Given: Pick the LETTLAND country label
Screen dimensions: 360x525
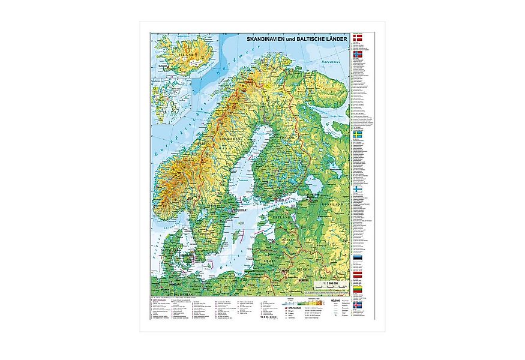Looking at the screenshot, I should point(289,238).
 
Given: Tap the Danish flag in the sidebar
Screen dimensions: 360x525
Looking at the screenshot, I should point(357,37).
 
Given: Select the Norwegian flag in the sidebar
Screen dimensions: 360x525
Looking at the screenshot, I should point(357,53).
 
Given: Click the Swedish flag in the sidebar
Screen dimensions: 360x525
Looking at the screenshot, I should point(357,136).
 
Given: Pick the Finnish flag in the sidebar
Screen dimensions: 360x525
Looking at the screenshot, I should point(357,188).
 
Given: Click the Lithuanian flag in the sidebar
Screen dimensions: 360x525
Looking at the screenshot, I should point(357,288).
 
